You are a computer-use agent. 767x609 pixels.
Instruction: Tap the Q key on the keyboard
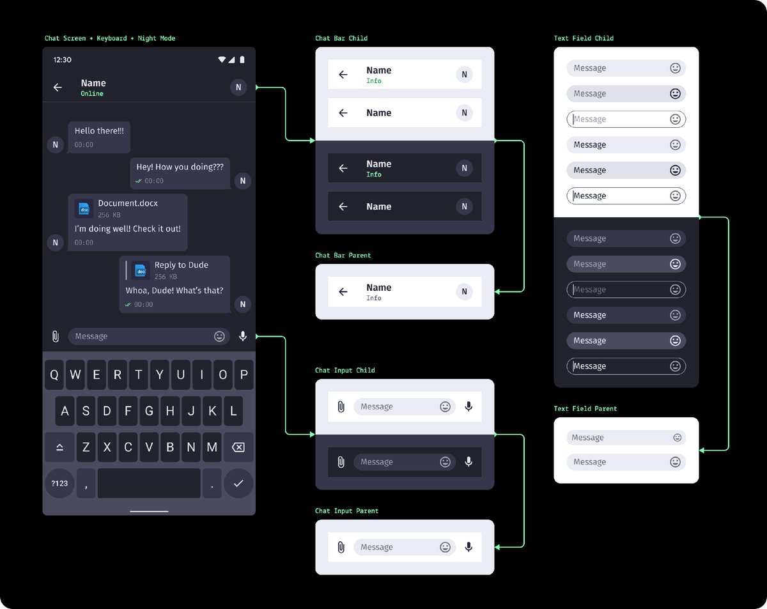[54, 374]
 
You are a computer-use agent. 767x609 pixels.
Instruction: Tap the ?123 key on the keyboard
[59, 483]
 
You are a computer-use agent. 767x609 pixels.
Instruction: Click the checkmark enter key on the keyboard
[238, 483]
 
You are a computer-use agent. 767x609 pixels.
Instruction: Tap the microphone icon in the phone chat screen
[243, 336]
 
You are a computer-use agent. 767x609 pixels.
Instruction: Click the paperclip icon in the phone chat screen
[56, 336]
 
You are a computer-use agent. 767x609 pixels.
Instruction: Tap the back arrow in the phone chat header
[58, 88]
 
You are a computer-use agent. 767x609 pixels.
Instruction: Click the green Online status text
[92, 94]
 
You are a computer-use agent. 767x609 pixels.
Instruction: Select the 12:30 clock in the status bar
[63, 60]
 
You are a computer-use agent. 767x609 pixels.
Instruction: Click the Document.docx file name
[128, 203]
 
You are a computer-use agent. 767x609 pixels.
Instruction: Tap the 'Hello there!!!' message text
[99, 131]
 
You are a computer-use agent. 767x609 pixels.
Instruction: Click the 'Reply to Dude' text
[182, 265]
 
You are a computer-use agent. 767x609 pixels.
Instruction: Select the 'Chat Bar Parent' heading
[343, 255]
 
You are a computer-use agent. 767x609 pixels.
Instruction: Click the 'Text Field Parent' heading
[585, 408]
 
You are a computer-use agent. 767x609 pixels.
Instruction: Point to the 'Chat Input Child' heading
[345, 370]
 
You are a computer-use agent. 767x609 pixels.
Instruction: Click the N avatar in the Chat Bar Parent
[465, 291]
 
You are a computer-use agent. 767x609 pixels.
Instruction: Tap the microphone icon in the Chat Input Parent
[469, 546]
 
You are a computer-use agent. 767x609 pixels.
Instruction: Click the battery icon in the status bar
[242, 59]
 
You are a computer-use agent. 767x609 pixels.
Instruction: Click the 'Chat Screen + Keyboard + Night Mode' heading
[110, 38]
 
